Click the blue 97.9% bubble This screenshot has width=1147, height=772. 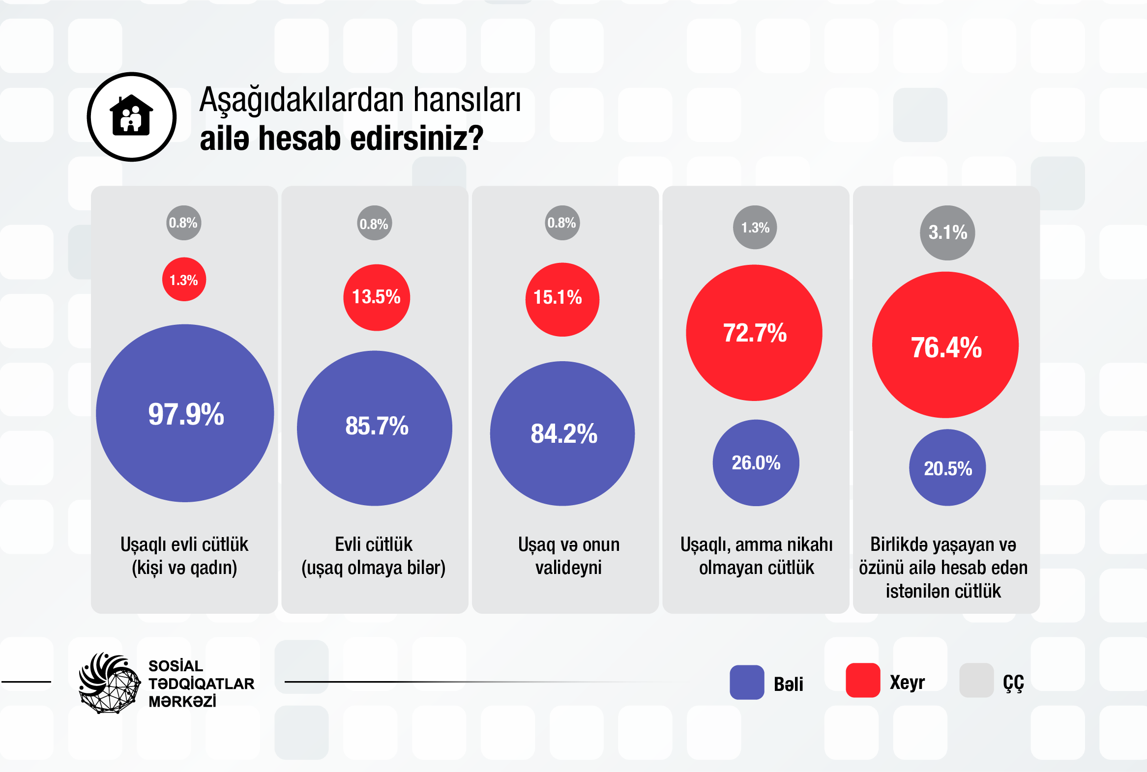(185, 413)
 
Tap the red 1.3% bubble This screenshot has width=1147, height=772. (184, 279)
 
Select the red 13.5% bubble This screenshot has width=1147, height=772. (376, 297)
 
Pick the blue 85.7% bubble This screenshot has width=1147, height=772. (374, 428)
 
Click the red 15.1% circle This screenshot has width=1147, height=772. (562, 299)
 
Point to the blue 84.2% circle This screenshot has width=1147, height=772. (562, 433)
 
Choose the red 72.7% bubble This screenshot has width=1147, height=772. (754, 333)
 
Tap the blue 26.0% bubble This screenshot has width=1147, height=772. (756, 462)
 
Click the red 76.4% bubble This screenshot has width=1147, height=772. (945, 345)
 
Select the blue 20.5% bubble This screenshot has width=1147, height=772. (947, 467)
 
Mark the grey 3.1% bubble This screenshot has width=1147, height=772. (947, 232)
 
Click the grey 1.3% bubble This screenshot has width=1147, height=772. (755, 227)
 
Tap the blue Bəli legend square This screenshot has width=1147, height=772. (747, 683)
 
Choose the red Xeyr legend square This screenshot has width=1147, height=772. (862, 681)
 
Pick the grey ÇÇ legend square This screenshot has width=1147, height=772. (976, 681)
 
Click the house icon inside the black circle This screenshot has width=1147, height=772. (131, 116)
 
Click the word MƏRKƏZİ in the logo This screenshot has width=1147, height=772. (182, 702)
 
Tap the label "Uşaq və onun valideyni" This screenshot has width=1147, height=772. (568, 556)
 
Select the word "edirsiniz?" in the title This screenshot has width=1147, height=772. (416, 139)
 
